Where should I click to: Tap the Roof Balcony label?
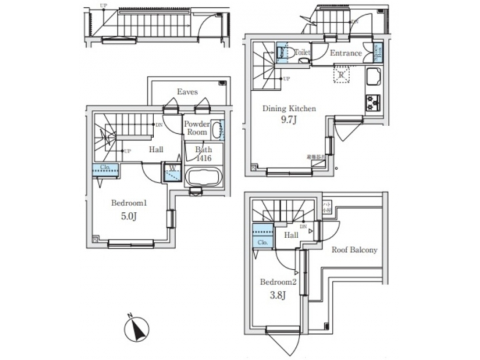click(x=354, y=250)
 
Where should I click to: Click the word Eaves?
click(x=187, y=91)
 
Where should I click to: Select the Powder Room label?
click(x=197, y=128)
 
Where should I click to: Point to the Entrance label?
click(x=345, y=53)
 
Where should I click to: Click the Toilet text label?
click(x=302, y=51)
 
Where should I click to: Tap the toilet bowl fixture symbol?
click(x=282, y=52)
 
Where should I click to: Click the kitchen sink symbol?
click(x=371, y=83)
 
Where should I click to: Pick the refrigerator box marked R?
click(x=341, y=75)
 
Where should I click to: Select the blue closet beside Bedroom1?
click(x=105, y=169)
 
